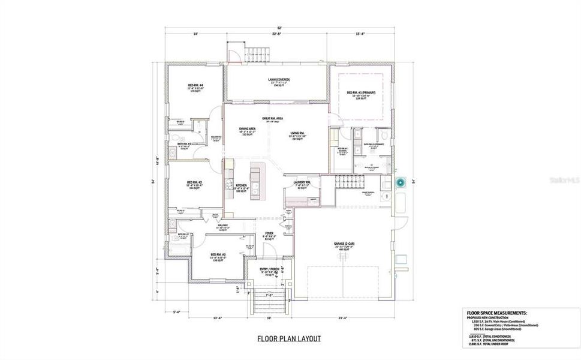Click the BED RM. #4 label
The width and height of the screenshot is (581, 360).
click(195, 86)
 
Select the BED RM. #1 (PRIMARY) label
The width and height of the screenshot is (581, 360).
click(360, 92)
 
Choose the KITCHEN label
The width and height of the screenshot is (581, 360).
click(241, 186)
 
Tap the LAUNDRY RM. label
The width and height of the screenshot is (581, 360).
click(302, 182)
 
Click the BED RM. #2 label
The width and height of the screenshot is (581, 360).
click(194, 182)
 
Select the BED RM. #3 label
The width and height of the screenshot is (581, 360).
click(217, 254)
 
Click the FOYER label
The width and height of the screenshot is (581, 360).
click(269, 234)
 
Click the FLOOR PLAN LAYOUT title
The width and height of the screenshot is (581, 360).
click(289, 339)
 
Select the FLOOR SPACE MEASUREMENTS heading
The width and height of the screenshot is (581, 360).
click(497, 313)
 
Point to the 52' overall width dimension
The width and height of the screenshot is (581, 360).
click(278, 28)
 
